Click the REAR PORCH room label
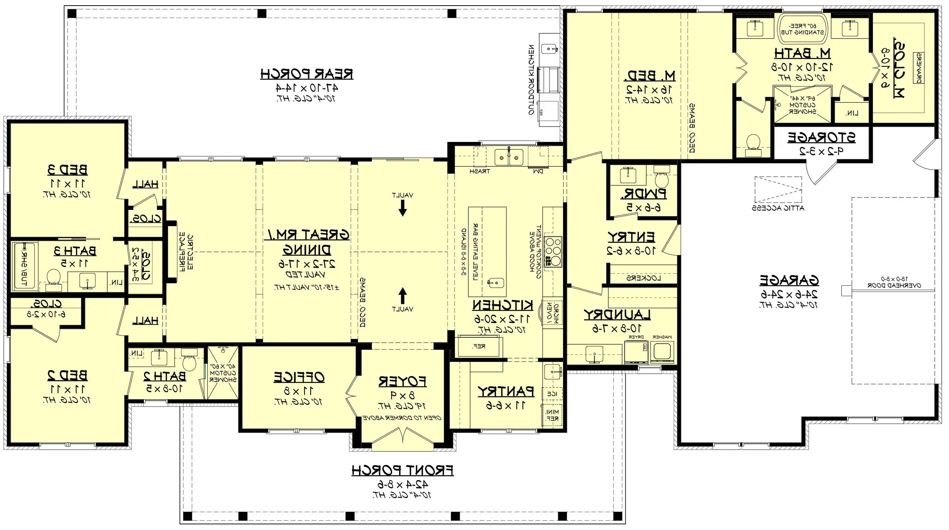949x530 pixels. [x=307, y=74]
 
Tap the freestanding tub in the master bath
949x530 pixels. [x=802, y=29]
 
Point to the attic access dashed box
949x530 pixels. [x=778, y=190]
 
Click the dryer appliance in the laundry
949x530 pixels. [x=636, y=352]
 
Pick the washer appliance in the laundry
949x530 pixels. [x=662, y=352]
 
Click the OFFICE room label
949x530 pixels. [x=299, y=377]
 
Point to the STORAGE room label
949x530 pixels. [x=821, y=138]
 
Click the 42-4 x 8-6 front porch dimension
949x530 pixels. [x=402, y=484]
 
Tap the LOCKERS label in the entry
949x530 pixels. [x=644, y=278]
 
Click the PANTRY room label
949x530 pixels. [x=506, y=391]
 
